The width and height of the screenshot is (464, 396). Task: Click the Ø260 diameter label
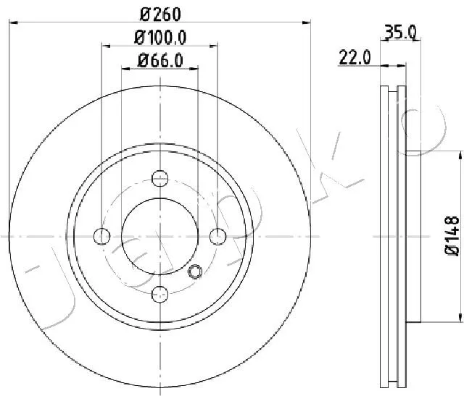click(x=160, y=14)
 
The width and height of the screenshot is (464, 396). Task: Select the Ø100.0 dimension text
click(x=160, y=38)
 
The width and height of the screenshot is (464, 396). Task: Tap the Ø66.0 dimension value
click(x=160, y=61)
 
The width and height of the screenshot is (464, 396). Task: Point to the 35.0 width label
click(x=400, y=32)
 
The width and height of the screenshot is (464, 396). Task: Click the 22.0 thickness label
click(x=355, y=57)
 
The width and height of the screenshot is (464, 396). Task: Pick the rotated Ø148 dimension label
click(x=452, y=235)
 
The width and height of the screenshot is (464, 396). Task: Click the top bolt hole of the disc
click(x=159, y=178)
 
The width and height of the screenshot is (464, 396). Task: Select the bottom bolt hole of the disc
click(x=159, y=295)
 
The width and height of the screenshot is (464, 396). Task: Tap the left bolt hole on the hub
click(x=101, y=237)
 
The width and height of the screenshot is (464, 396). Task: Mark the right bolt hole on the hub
click(x=217, y=237)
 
